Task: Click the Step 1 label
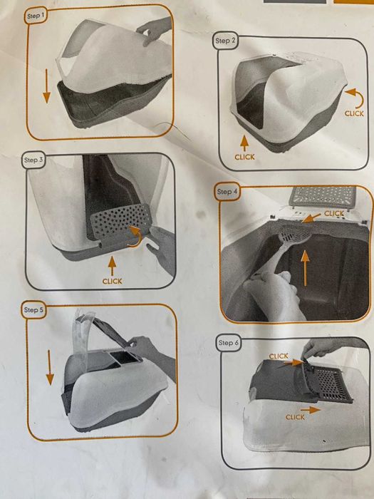point(36,16)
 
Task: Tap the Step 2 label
point(226,41)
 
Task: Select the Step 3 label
point(33,160)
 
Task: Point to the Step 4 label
point(227,192)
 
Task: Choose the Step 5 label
point(33,310)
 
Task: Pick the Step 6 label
point(229,343)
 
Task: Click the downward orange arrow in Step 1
point(46,86)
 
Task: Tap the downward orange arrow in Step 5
point(50,367)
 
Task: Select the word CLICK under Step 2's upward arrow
point(244,157)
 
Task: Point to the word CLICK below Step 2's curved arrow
point(354,113)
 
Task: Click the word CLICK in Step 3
point(112,282)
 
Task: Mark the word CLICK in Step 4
point(334,214)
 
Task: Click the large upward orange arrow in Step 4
point(305,267)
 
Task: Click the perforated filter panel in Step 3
point(120,220)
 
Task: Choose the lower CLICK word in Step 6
point(295,417)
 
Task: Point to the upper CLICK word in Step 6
point(279,356)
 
